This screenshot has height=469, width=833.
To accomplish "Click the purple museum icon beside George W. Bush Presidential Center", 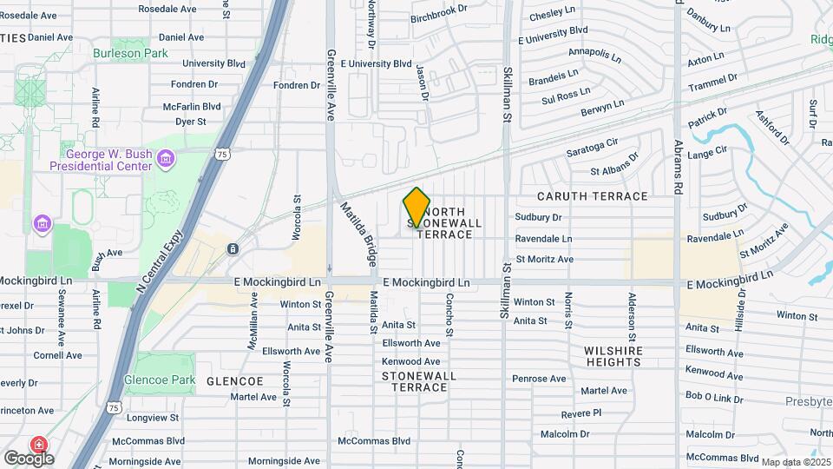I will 167,158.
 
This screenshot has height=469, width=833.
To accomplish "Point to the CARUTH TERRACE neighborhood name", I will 592,196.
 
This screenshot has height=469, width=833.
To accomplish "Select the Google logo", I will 29,458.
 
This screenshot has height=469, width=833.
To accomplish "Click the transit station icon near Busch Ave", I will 233,249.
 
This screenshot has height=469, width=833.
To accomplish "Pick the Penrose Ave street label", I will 539,379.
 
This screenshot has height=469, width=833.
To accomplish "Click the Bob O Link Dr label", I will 714,396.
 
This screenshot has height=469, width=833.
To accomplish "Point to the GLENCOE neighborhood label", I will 234,381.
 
